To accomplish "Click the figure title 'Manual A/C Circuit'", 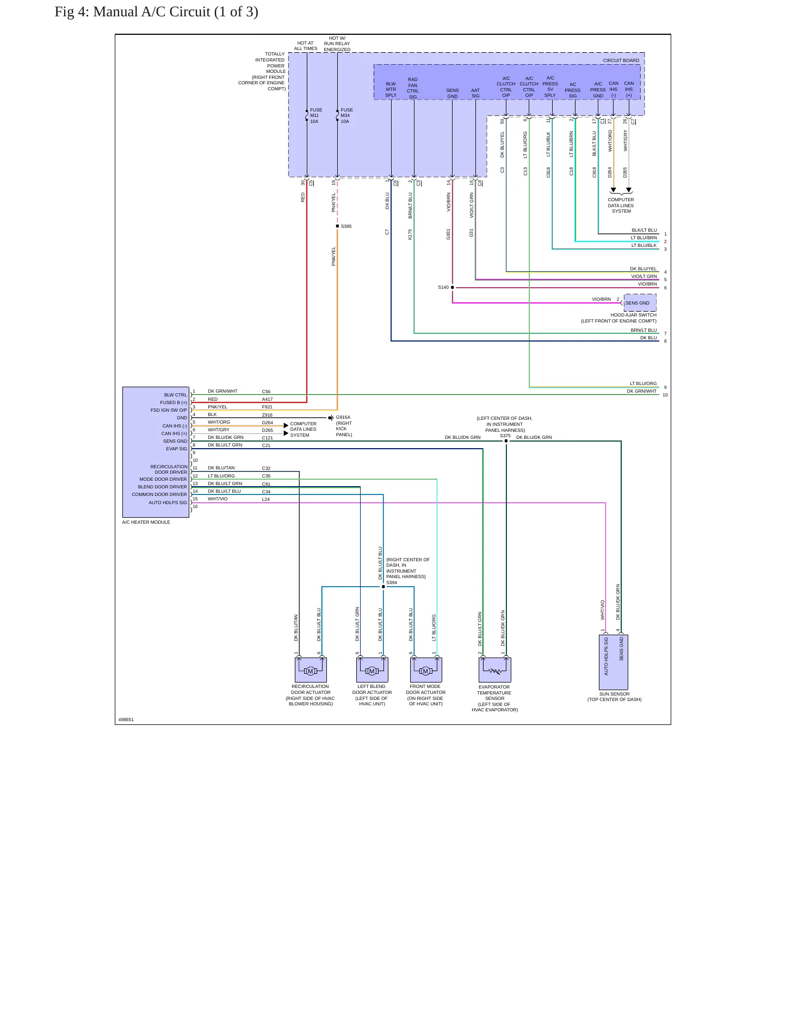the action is (151, 12).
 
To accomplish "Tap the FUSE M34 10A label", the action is (346, 116).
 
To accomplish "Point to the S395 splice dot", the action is (337, 226).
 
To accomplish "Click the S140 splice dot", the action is (453, 288).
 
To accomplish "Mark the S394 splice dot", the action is (383, 587).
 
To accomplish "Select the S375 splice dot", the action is (506, 441).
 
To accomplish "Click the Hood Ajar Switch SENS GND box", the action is (640, 303).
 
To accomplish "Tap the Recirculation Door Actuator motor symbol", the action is (311, 671).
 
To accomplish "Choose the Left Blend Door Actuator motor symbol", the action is (372, 671).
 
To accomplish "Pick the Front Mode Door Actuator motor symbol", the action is (425, 671).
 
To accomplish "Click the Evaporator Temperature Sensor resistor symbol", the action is (495, 671).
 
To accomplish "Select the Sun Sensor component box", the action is (614, 662).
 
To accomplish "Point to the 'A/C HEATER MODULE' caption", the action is (146, 522).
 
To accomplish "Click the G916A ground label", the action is (343, 418).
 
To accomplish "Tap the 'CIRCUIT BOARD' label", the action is (621, 60).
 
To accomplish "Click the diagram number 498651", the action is (126, 720).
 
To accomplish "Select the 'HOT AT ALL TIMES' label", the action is (306, 46).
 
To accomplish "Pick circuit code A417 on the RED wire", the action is (267, 399).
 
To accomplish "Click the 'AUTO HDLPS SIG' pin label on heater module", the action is (168, 503).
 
